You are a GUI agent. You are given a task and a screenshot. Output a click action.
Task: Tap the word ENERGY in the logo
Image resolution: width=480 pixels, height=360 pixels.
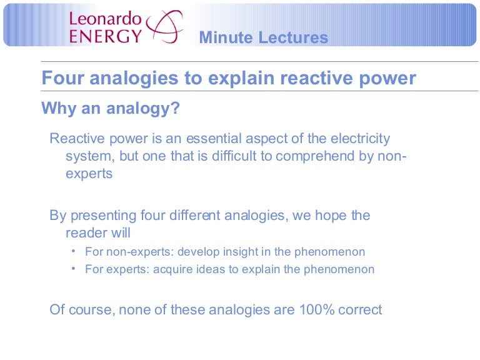[x=106, y=35]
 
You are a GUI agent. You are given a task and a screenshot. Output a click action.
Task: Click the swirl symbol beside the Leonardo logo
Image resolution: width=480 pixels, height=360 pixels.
[x=164, y=26]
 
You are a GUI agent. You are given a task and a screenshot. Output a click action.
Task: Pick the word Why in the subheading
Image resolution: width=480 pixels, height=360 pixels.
[x=58, y=109]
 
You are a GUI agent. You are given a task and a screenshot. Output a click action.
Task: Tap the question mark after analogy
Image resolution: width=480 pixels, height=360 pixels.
[x=176, y=109]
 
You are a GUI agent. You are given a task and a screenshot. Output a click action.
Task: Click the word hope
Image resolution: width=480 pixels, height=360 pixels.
[x=327, y=216]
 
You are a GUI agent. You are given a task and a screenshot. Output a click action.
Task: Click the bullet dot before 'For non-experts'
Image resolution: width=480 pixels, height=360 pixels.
[x=73, y=251]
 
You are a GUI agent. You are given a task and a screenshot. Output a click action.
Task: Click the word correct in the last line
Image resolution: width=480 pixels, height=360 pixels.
[x=359, y=309]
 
